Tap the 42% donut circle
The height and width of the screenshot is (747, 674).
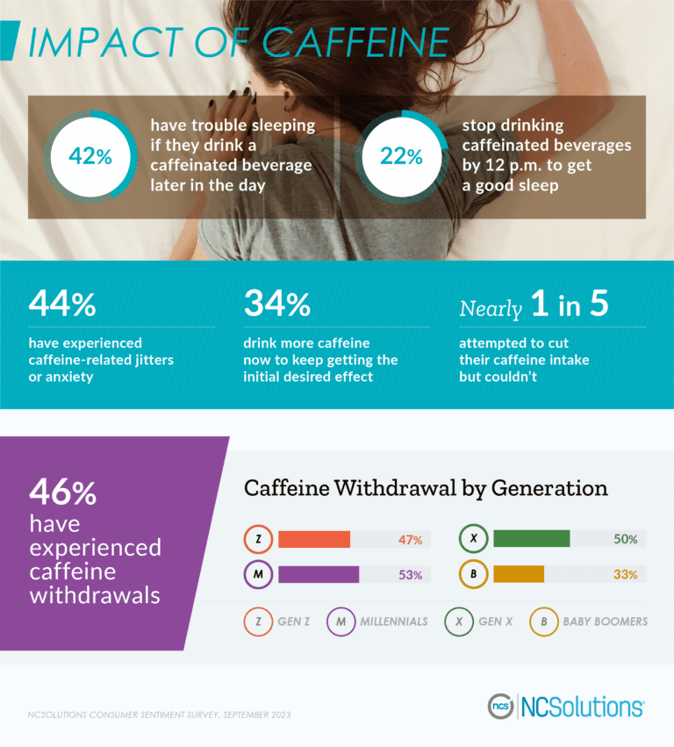point(91,156)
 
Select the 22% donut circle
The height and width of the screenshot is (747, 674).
point(401,156)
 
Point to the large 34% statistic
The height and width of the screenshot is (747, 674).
point(276,304)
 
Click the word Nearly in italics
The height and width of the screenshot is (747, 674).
point(491,307)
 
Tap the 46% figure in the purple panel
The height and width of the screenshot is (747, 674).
point(62,492)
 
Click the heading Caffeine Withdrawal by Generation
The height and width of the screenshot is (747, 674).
point(426,488)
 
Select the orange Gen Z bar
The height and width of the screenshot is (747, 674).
point(314,540)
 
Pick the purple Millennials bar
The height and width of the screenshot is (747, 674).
point(319,575)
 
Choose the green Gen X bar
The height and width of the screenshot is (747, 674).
point(531,539)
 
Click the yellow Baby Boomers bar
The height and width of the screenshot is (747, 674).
point(519,574)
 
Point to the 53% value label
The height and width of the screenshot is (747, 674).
point(410,576)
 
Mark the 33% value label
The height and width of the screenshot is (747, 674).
point(625,575)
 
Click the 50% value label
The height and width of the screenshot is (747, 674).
point(625,540)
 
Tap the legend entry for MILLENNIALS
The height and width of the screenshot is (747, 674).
point(377,621)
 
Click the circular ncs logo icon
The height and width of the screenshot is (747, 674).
point(501,706)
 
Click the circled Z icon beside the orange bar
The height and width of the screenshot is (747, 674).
point(257,540)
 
